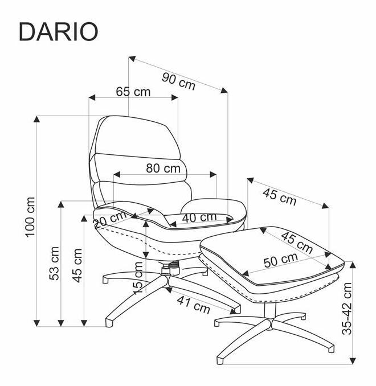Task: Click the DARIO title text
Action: coord(58,32)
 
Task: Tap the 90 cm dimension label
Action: coord(178,80)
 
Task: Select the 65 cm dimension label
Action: coord(133,92)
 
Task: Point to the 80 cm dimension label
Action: coord(163,169)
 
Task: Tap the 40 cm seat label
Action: coord(199,217)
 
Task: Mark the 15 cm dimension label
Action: coord(137,277)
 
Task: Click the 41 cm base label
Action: coord(193,306)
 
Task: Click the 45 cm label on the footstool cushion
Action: coord(297,242)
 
